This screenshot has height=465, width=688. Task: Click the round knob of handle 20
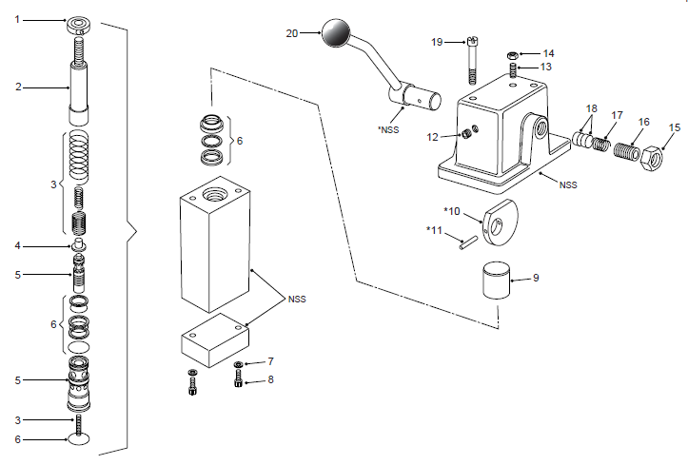(x=336, y=32)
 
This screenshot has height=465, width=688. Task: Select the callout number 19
(x=437, y=42)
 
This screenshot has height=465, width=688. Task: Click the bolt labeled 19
(x=473, y=61)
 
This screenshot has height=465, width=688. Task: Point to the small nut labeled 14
(x=512, y=55)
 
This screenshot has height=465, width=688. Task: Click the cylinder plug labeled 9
(x=497, y=281)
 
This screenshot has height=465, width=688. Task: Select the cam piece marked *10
(x=500, y=223)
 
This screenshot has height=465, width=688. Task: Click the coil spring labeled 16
(x=626, y=151)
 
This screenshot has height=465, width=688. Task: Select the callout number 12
(x=433, y=137)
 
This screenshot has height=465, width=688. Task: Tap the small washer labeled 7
(x=239, y=364)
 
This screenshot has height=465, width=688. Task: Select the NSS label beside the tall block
(x=297, y=300)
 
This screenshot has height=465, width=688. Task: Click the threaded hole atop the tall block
(x=214, y=193)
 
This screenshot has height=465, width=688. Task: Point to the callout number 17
(x=617, y=115)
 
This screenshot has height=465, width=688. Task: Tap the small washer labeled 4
(x=79, y=245)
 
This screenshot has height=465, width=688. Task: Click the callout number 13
(x=546, y=67)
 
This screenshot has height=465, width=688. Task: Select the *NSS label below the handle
(x=388, y=129)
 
